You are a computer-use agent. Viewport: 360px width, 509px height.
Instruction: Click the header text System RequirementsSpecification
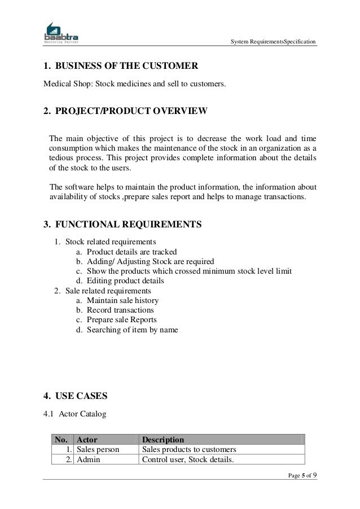pyautogui.click(x=274, y=42)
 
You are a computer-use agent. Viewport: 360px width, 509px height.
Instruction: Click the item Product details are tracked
pyautogui.click(x=131, y=252)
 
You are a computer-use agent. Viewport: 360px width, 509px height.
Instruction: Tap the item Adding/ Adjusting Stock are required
pyautogui.click(x=150, y=261)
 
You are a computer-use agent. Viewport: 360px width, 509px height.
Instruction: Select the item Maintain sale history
pyautogui.click(x=122, y=300)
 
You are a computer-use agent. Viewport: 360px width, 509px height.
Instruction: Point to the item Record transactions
pyautogui.click(x=120, y=310)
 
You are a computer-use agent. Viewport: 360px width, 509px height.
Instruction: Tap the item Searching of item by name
pyautogui.click(x=132, y=329)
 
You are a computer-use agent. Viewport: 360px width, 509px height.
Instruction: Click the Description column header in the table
pyautogui.click(x=163, y=440)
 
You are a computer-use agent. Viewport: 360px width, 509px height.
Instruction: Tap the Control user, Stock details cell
pyautogui.click(x=188, y=460)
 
